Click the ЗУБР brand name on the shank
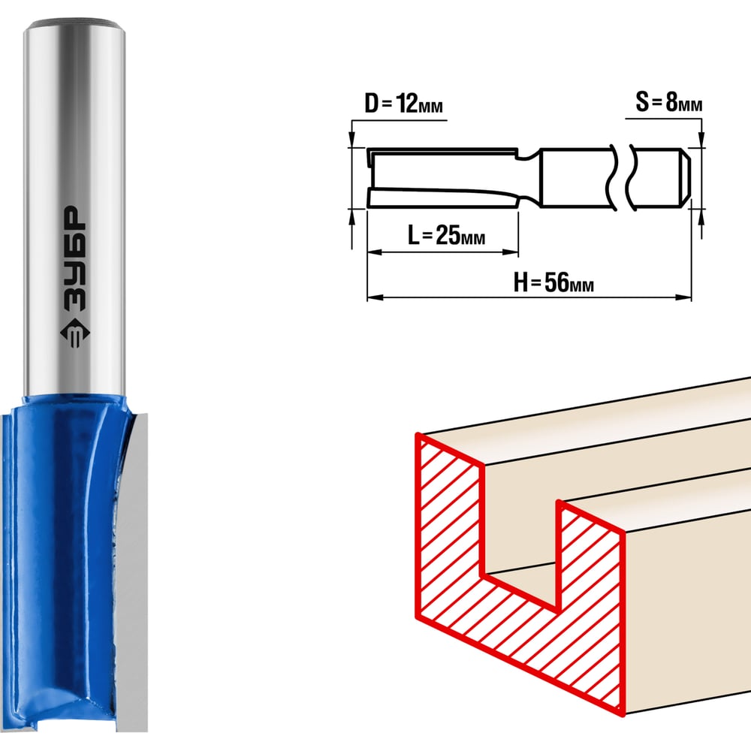(74, 258)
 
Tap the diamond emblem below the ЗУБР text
(74, 332)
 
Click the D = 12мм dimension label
(403, 104)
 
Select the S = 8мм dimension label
(668, 102)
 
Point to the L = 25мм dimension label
(446, 234)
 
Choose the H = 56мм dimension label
(553, 282)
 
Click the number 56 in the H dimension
(556, 282)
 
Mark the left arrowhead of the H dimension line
(375, 297)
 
